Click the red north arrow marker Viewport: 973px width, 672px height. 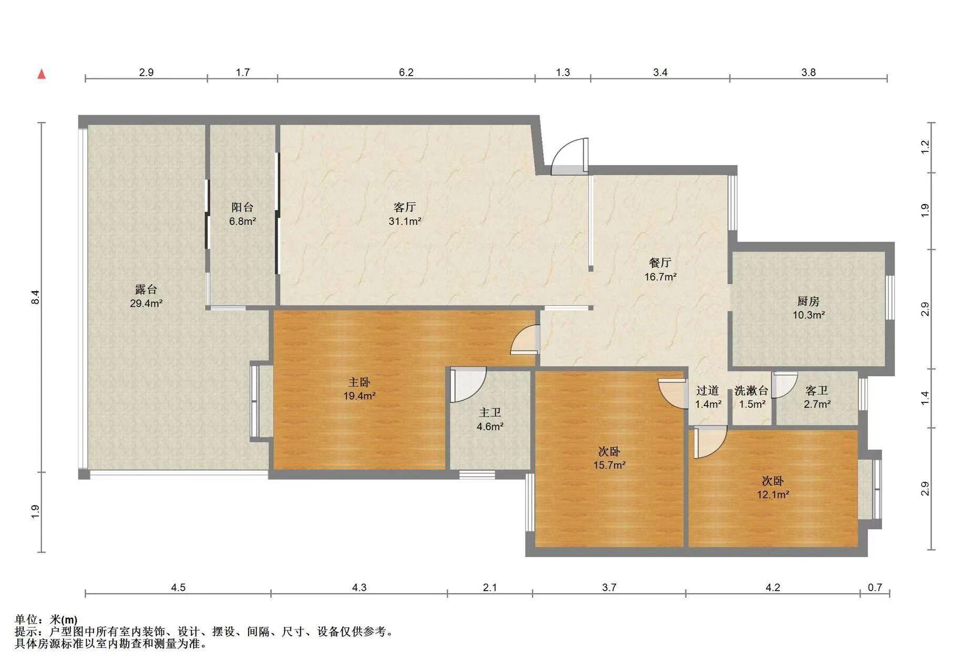pyautogui.click(x=42, y=74)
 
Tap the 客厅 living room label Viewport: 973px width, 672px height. pyautogui.click(x=404, y=207)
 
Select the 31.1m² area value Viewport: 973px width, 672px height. pyautogui.click(x=405, y=221)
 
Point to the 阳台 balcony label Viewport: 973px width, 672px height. pyautogui.click(x=242, y=207)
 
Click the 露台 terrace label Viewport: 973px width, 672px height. pyautogui.click(x=146, y=289)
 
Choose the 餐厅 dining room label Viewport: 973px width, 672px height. pyautogui.click(x=660, y=262)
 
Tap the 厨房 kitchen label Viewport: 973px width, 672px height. pyautogui.click(x=808, y=301)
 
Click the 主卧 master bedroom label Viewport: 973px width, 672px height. pyautogui.click(x=360, y=382)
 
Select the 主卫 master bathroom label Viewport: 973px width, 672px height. pyautogui.click(x=490, y=412)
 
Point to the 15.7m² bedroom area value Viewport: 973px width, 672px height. pyautogui.click(x=609, y=465)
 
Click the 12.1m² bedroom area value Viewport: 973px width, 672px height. pyautogui.click(x=773, y=494)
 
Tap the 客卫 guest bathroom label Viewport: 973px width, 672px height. pyautogui.click(x=817, y=390)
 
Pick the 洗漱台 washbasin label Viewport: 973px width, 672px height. pyautogui.click(x=752, y=390)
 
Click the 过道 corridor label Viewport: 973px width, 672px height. pyautogui.click(x=708, y=390)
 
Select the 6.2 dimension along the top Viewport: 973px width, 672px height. pyautogui.click(x=406, y=72)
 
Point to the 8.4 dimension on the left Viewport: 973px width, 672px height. pyautogui.click(x=35, y=297)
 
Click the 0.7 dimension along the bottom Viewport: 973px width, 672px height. pyautogui.click(x=875, y=587)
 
